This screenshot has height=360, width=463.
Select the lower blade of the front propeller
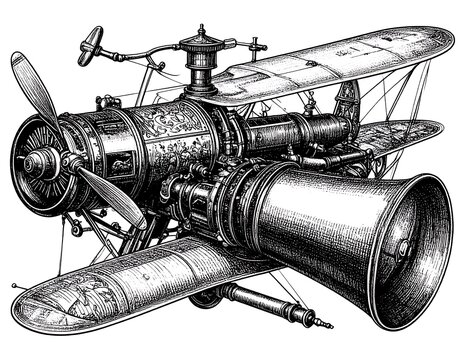coord(111,194)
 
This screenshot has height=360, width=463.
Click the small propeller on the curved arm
coord(89,42)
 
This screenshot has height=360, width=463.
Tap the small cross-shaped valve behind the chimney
coord(257,44)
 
